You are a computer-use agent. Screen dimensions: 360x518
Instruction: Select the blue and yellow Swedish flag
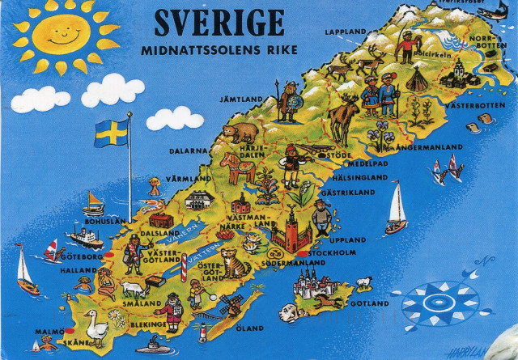pos(111,133)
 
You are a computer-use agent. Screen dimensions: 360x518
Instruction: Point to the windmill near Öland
pos(231,304)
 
